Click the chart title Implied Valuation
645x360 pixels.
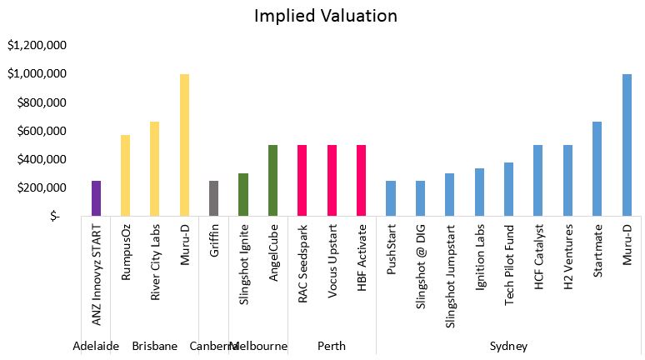327,16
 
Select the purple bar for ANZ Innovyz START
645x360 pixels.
96,197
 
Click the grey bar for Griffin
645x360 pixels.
214,197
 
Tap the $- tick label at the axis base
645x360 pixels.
55,217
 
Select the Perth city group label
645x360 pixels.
332,346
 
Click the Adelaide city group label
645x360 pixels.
96,346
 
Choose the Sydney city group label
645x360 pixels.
508,346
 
